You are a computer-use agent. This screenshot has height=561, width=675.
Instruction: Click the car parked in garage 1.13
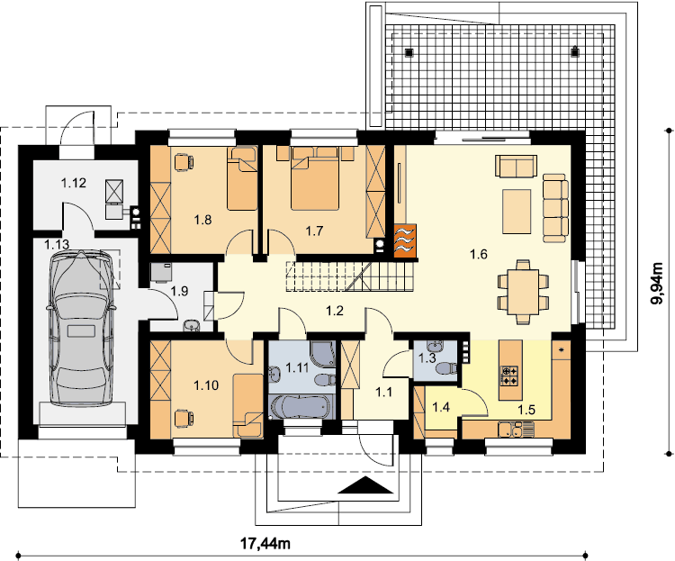click(x=81, y=328)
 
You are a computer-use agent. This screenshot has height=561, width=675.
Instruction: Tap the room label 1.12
click(x=73, y=183)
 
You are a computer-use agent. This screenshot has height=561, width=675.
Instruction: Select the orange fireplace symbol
click(x=405, y=240)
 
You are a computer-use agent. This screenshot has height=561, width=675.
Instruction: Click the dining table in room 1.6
click(x=523, y=292)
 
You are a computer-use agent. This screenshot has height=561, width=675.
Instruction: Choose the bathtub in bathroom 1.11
click(x=300, y=407)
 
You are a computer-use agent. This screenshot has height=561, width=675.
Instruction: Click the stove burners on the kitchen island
click(x=510, y=375)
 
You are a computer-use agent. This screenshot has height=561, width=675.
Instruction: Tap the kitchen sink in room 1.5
click(x=516, y=430)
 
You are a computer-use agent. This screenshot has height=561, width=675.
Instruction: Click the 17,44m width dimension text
click(x=265, y=544)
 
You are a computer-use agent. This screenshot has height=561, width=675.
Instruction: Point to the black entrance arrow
click(x=365, y=484)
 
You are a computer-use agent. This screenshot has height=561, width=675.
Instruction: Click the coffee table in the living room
click(x=517, y=212)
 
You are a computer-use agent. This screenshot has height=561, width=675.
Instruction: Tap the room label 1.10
click(x=206, y=385)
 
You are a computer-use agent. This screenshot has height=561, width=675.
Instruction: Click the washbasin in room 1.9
click(x=191, y=326)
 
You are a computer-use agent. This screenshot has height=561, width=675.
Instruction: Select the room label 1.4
click(x=441, y=407)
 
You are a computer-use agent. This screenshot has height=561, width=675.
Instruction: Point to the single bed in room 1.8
click(x=242, y=178)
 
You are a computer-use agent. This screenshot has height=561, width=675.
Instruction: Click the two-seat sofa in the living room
click(x=517, y=166)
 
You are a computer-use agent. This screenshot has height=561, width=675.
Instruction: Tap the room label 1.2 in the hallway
click(x=335, y=311)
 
